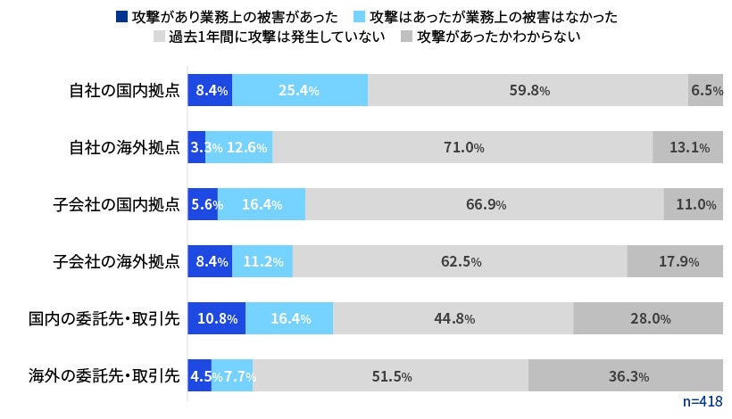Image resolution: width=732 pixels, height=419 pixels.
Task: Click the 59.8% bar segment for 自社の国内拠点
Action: point(528,90)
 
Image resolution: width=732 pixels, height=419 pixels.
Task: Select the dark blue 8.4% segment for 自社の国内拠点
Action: point(210,90)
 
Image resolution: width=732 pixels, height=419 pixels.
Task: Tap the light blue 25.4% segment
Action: point(300,90)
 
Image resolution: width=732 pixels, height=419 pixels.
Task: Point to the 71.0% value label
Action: point(463,147)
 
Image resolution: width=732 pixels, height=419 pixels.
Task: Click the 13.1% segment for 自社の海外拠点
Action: point(687,147)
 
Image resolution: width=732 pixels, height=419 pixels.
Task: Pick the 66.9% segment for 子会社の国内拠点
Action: point(485,204)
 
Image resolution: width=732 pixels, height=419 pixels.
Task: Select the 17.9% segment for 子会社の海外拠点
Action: point(675,261)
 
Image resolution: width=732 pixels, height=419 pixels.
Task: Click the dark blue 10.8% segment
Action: point(216,318)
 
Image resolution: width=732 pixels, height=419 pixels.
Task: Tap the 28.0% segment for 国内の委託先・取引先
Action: point(648,318)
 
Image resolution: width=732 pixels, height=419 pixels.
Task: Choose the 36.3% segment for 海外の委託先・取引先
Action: point(626,375)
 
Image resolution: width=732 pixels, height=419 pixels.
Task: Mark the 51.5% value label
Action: point(391,376)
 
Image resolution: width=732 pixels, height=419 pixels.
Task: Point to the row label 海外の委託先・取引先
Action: point(104,375)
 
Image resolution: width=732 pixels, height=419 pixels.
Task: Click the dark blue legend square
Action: point(121,16)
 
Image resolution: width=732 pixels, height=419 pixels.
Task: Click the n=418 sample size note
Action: point(702,403)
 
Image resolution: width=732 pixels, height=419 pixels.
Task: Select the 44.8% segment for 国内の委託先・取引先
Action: point(453,318)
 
